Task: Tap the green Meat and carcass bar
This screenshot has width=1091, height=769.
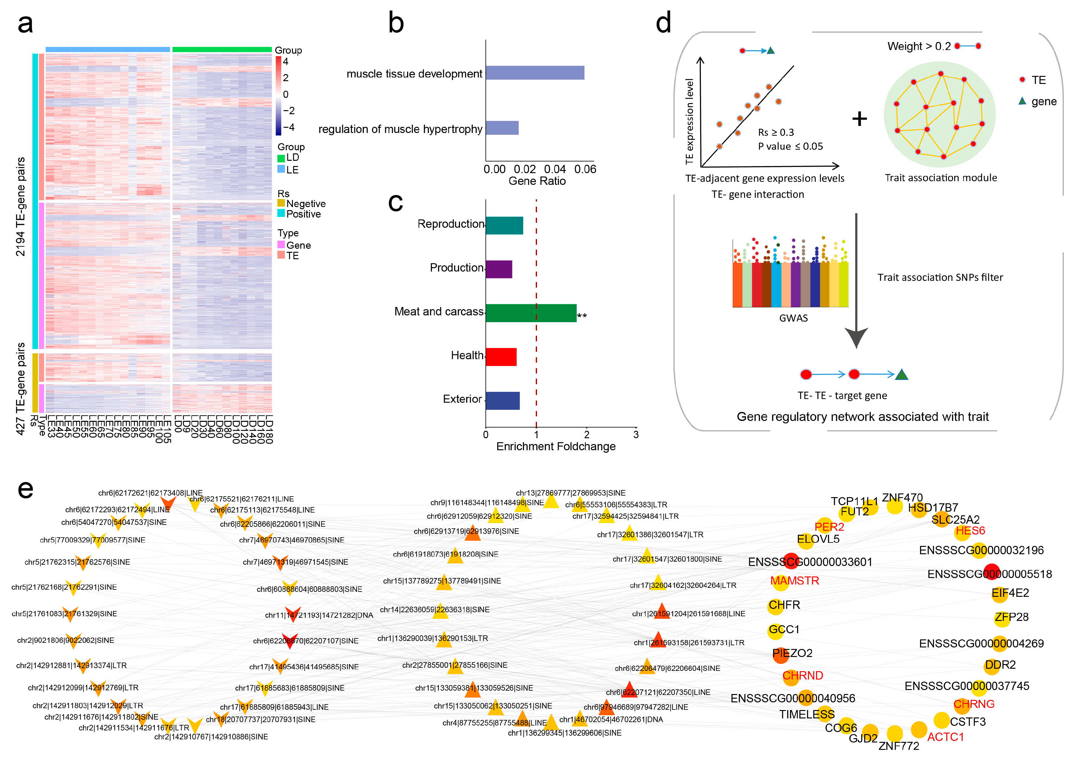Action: click(531, 313)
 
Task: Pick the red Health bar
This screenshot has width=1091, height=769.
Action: click(501, 357)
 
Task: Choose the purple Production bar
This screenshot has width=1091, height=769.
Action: click(499, 269)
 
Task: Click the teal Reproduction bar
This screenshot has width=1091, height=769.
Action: click(504, 226)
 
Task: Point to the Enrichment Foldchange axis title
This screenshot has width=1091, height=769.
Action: click(556, 447)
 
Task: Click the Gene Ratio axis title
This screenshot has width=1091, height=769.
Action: click(537, 181)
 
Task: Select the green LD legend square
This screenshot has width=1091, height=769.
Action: click(281, 158)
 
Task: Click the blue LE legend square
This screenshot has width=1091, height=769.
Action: click(281, 170)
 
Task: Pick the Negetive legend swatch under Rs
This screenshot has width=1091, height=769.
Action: click(281, 203)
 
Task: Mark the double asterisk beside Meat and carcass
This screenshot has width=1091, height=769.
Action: click(582, 316)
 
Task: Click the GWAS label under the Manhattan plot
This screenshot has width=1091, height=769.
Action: click(793, 318)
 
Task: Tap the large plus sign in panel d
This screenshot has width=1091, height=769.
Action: click(859, 118)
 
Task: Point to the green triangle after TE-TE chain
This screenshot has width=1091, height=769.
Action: click(902, 375)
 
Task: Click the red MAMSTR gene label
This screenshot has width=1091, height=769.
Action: click(794, 581)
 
